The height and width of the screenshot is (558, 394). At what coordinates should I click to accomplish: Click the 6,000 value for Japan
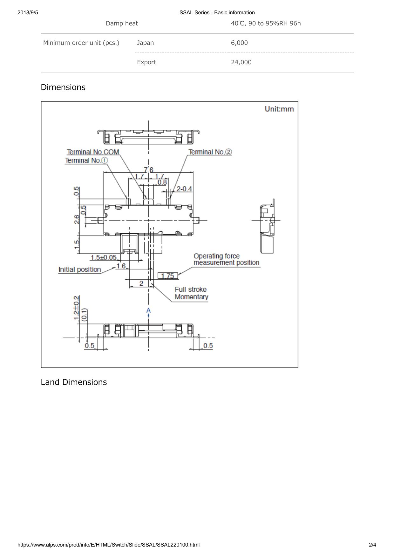pyautogui.click(x=239, y=43)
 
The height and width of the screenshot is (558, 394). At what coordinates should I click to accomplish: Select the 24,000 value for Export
pyautogui.click(x=241, y=62)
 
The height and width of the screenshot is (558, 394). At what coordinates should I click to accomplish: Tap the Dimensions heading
pyautogui.click(x=63, y=87)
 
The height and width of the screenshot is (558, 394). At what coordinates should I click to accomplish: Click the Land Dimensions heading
pyautogui.click(x=74, y=382)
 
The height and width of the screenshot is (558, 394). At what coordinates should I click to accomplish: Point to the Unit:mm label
pyautogui.click(x=279, y=109)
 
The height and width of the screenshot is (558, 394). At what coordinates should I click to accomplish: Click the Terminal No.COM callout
pyautogui.click(x=93, y=152)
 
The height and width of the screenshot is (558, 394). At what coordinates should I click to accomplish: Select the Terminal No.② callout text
pyautogui.click(x=210, y=152)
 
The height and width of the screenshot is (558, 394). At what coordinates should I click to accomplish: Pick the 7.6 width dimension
pyautogui.click(x=148, y=170)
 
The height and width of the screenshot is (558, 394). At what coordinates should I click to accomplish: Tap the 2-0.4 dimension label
pyautogui.click(x=184, y=189)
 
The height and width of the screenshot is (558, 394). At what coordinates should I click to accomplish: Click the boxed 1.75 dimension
pyautogui.click(x=168, y=276)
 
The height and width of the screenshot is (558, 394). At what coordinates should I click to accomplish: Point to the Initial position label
pyautogui.click(x=80, y=269)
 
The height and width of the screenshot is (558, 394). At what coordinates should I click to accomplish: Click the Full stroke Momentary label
pyautogui.click(x=191, y=293)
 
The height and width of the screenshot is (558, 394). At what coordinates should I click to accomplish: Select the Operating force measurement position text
pyautogui.click(x=226, y=259)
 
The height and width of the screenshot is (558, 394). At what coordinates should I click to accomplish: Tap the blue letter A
pyautogui.click(x=148, y=310)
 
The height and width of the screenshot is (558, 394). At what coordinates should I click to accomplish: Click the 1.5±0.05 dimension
pyautogui.click(x=104, y=257)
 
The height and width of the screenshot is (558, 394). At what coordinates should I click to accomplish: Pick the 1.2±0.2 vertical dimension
pyautogui.click(x=77, y=308)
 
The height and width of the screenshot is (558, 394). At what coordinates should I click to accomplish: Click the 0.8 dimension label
pyautogui.click(x=162, y=182)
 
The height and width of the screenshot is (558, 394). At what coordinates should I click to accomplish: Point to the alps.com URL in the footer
pyautogui.click(x=109, y=545)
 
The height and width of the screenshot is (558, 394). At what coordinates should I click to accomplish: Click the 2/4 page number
pyautogui.click(x=372, y=545)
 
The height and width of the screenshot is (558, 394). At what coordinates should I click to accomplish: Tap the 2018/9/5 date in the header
pyautogui.click(x=28, y=13)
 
